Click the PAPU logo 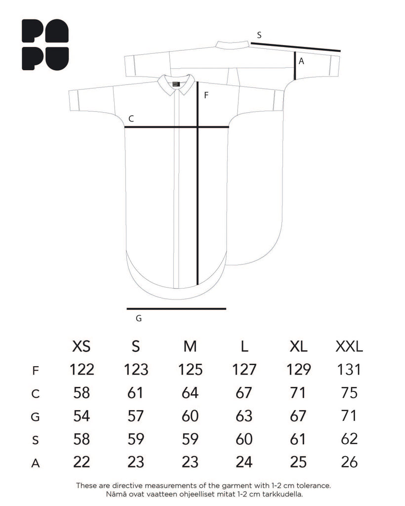45,45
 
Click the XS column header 81,346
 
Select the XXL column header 349,346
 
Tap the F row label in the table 36,371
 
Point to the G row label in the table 35,417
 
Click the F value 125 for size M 190,370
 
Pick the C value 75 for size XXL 349,393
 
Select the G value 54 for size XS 81,416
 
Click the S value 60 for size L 244,439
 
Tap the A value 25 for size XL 298,462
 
